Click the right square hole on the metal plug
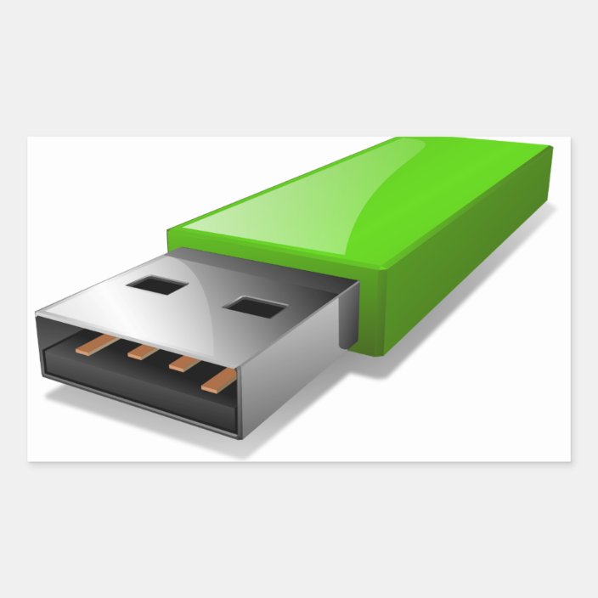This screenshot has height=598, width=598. (x=250, y=307)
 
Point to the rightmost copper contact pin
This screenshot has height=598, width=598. (x=217, y=380)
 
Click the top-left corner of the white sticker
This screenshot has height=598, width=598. (x=28, y=138)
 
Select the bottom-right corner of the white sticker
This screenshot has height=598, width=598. (x=570, y=461)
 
